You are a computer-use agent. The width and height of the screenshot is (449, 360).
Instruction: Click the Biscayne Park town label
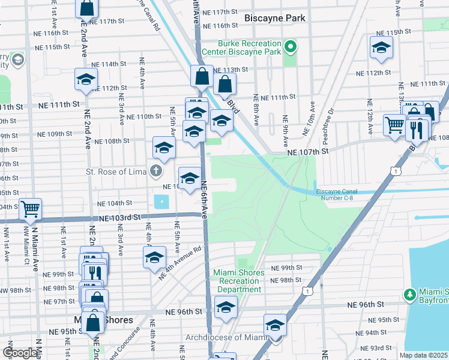tap(275, 18)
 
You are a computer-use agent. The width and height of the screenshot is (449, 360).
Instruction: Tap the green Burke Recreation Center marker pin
tap(291, 46)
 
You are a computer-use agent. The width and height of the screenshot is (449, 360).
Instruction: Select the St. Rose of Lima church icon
tap(155, 172)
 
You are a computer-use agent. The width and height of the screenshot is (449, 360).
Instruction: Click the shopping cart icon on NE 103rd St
tap(30, 209)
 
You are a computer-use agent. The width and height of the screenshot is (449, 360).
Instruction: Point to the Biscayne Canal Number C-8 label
tap(339, 195)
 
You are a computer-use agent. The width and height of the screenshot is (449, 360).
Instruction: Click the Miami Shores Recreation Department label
tap(238, 281)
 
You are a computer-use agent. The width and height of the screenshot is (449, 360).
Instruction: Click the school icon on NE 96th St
tap(226, 308)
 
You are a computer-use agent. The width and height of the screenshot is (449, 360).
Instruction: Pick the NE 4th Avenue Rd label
tap(180, 263)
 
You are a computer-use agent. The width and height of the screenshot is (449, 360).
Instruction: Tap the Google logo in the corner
tap(20, 353)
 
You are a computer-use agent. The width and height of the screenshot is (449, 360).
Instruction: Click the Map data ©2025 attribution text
tap(424, 355)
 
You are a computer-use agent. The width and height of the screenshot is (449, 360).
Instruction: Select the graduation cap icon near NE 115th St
tap(381, 49)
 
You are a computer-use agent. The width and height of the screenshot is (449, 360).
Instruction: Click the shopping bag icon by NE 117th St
tap(87, 8)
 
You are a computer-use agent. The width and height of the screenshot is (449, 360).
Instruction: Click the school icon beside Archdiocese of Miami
tap(275, 325)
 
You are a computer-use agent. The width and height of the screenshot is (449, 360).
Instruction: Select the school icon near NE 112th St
tap(86, 79)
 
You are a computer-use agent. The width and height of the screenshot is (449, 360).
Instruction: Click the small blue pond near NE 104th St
tap(161, 202)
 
